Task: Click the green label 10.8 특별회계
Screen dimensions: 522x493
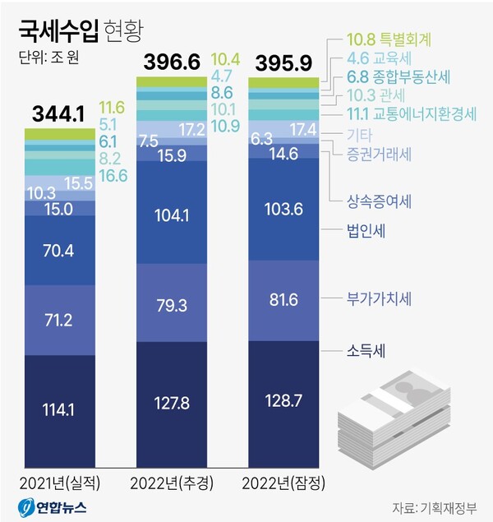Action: click(389, 39)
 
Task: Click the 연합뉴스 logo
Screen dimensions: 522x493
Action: click(53, 507)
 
